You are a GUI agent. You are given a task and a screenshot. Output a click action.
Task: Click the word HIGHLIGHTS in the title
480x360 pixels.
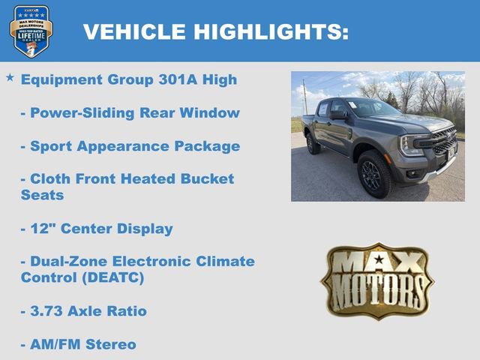coord(270,31)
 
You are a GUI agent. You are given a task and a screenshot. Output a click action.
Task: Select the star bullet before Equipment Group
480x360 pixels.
coord(10,77)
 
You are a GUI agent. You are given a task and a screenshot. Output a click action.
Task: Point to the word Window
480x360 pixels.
coord(211,112)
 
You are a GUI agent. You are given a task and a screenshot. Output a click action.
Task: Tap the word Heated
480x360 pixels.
coord(145,178)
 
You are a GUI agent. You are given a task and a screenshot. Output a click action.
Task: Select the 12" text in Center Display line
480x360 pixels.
coord(41,228)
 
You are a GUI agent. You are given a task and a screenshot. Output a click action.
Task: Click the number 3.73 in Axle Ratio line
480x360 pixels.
coord(46,310)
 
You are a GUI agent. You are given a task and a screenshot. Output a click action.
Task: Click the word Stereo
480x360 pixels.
coord(111,344)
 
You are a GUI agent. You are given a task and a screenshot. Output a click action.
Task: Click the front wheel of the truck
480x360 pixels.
coord(374,174)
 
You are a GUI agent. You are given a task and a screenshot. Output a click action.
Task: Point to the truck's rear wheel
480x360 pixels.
coord(313,144)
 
